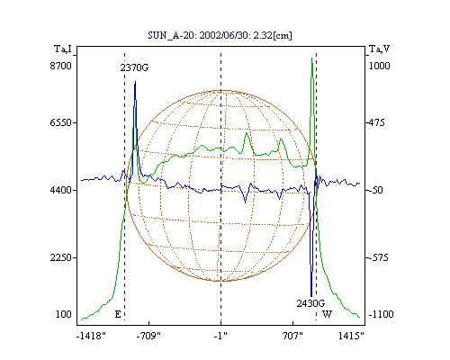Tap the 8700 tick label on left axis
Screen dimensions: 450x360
coord(61,66)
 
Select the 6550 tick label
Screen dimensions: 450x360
coord(61,122)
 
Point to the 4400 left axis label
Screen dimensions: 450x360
coord(61,190)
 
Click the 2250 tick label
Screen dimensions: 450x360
coord(61,257)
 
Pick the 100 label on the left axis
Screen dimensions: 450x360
coord(64,314)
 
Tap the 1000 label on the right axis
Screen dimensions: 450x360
coord(379,66)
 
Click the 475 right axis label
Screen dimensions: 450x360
coord(376,122)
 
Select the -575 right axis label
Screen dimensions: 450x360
coord(378,257)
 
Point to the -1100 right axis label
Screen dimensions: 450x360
coord(381,314)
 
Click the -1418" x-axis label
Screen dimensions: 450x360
coord(91,336)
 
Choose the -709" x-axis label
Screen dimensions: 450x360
coord(148,336)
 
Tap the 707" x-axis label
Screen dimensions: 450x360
coord(292,336)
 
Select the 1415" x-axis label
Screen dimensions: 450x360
coord(351,336)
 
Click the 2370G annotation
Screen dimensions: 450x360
coord(134,67)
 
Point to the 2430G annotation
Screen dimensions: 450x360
coord(310,303)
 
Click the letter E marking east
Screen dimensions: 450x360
coord(118,314)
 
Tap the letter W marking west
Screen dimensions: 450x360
coord(327,314)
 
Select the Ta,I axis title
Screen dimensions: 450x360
coord(63,49)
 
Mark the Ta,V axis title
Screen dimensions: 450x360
coord(379,49)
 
